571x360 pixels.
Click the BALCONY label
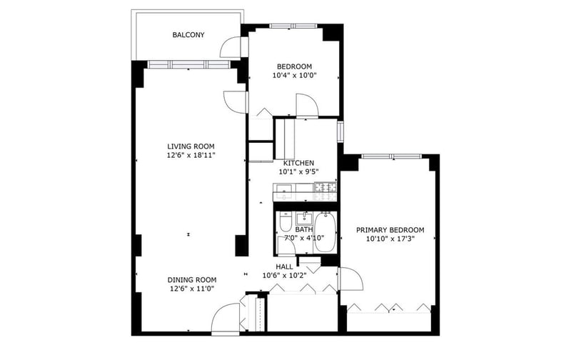click(x=188, y=35)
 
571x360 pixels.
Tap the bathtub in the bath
click(x=325, y=232)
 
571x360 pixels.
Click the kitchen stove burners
click(x=325, y=191)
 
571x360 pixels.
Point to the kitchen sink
click(x=284, y=191)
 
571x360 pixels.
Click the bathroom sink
click(x=304, y=219)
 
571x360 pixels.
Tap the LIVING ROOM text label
click(x=191, y=146)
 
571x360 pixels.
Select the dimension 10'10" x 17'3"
click(x=391, y=239)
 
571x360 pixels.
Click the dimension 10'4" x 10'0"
click(x=295, y=76)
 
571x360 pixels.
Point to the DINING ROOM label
click(x=192, y=280)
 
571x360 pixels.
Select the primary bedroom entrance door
click(x=350, y=279)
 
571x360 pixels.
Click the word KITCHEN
click(x=298, y=163)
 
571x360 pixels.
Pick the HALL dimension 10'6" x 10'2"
click(x=284, y=276)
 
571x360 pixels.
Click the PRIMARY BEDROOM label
click(x=390, y=230)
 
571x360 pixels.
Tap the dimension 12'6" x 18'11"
click(x=191, y=155)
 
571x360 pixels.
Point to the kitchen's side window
click(x=340, y=131)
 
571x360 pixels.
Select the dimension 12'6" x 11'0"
click(x=191, y=289)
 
